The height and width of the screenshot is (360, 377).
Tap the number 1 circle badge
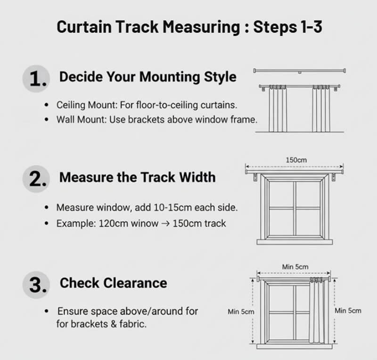click(36, 79)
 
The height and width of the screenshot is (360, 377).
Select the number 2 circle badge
click(36, 180)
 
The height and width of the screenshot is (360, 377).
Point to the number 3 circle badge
click(36, 285)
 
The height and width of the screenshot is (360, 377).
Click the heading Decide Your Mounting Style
click(148, 77)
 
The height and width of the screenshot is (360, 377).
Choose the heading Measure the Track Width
click(137, 177)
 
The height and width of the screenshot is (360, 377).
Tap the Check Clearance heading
click(113, 283)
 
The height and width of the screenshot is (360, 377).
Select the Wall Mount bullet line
click(156, 120)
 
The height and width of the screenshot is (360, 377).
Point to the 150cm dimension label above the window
click(296, 160)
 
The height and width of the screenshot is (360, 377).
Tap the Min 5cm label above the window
click(295, 267)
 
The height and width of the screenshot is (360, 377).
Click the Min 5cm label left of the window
click(241, 311)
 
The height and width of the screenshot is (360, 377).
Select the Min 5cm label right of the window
click(348, 311)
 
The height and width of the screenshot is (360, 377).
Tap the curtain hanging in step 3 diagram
click(315, 311)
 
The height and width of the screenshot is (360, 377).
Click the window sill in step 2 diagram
click(295, 242)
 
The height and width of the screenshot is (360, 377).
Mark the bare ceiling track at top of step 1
click(300, 71)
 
